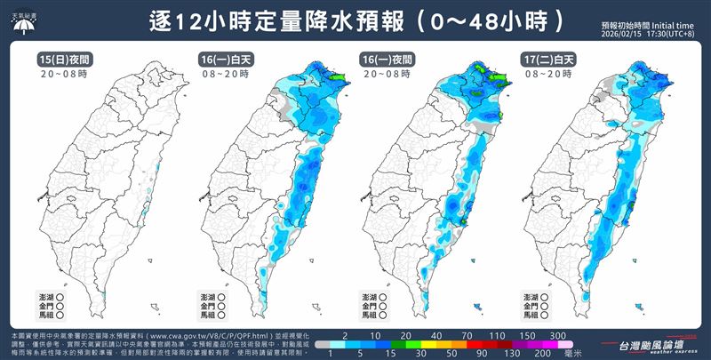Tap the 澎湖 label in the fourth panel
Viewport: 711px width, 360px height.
(x=546, y=294)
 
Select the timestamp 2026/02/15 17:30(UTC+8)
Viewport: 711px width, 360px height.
(x=651, y=35)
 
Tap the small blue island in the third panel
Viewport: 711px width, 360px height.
(x=479, y=307)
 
